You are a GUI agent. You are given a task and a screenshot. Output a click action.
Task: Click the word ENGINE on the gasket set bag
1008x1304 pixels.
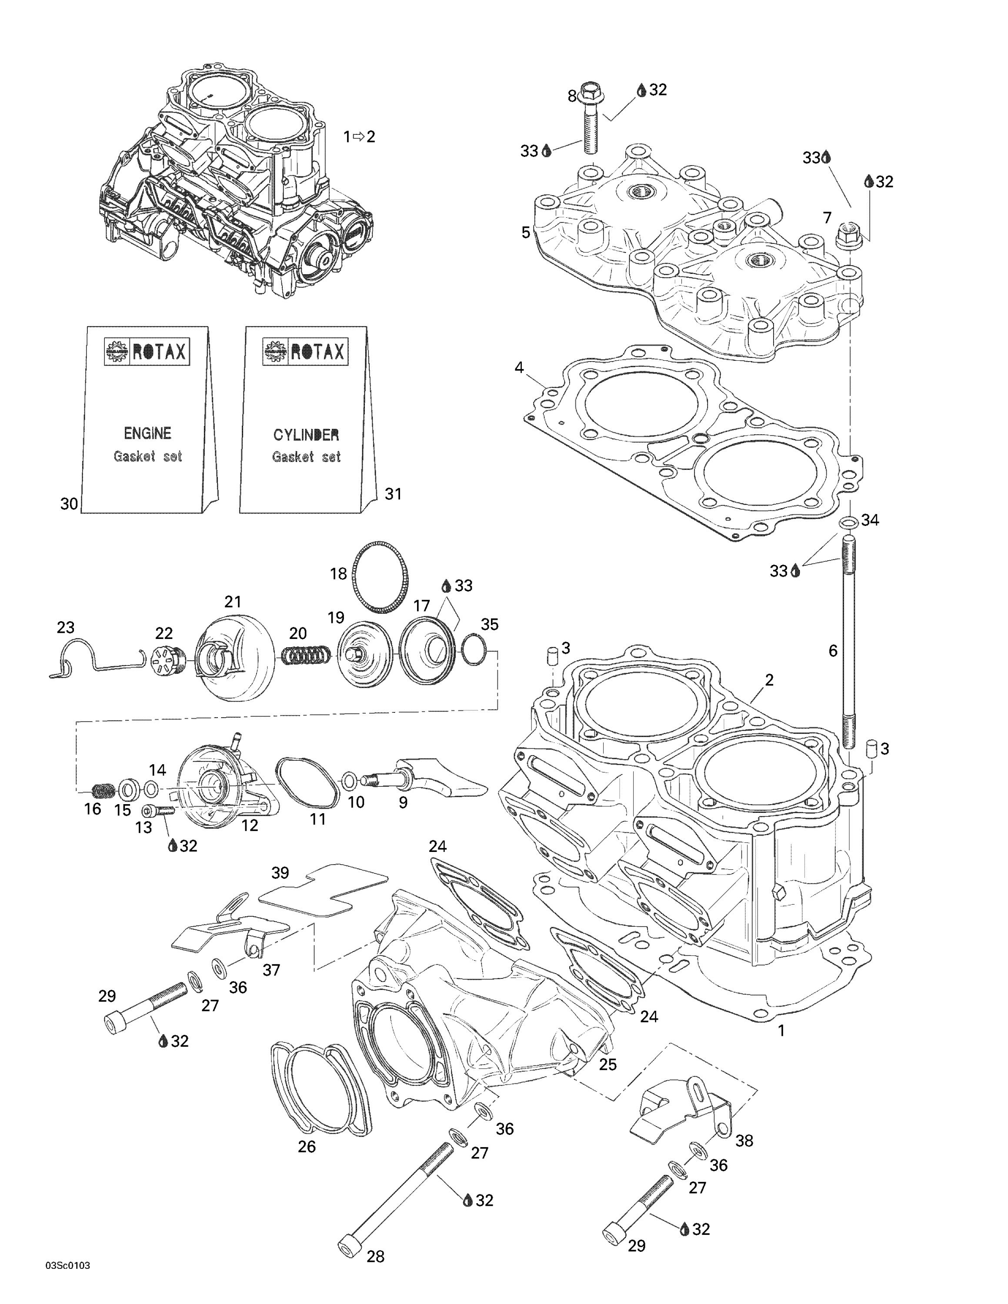(147, 432)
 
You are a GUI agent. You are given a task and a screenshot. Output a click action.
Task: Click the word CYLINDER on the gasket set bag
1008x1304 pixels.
(306, 434)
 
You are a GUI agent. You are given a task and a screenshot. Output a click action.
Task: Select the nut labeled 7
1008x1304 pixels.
(846, 234)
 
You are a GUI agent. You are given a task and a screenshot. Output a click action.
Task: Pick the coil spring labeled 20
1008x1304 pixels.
(304, 655)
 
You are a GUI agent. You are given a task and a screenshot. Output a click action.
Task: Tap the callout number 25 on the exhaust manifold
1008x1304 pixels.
(607, 1064)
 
